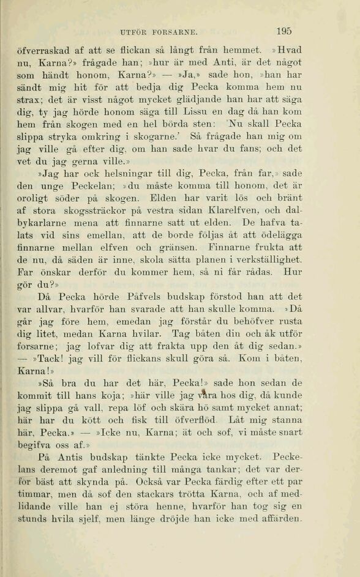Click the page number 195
click(283, 31)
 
